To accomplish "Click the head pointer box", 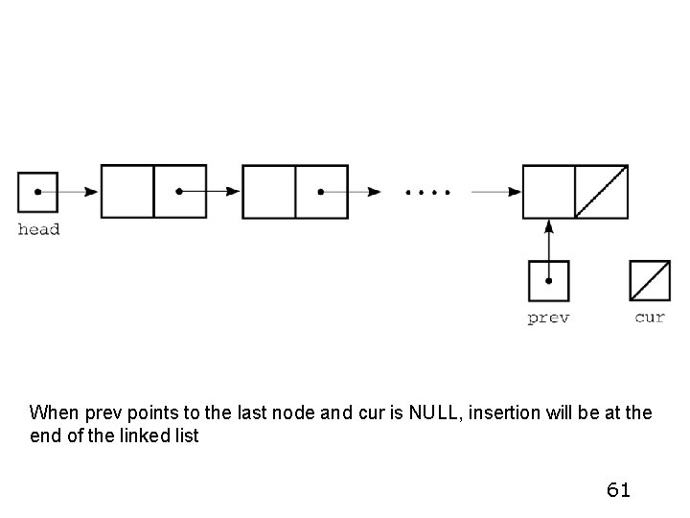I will [x=37, y=192].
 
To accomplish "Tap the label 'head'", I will [x=38, y=229].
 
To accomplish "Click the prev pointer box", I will [x=548, y=281].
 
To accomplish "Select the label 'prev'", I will [x=548, y=318].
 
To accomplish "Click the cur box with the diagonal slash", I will [x=649, y=281].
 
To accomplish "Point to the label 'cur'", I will [x=649, y=318].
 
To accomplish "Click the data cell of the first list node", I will [x=127, y=192].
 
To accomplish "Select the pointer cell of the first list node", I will [x=180, y=192].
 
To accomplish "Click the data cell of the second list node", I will [x=269, y=192].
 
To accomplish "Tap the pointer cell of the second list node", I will [x=321, y=192].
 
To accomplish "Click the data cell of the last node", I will [x=548, y=192].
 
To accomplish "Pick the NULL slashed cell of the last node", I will [x=601, y=192].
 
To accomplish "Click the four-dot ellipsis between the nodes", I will [x=426, y=192].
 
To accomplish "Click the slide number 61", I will [x=618, y=490].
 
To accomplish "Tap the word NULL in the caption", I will [x=432, y=413].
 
